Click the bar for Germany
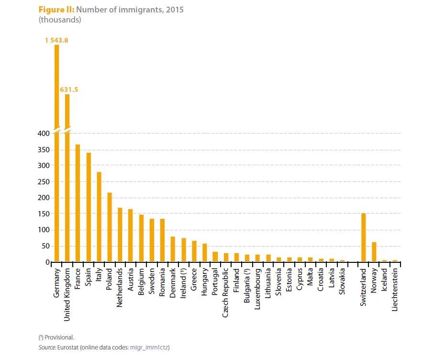(56, 153)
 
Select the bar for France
(78, 203)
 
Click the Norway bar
(374, 252)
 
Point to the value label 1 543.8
(56, 40)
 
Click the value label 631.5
(68, 89)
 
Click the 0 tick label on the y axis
(47, 262)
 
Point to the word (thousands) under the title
(59, 20)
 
